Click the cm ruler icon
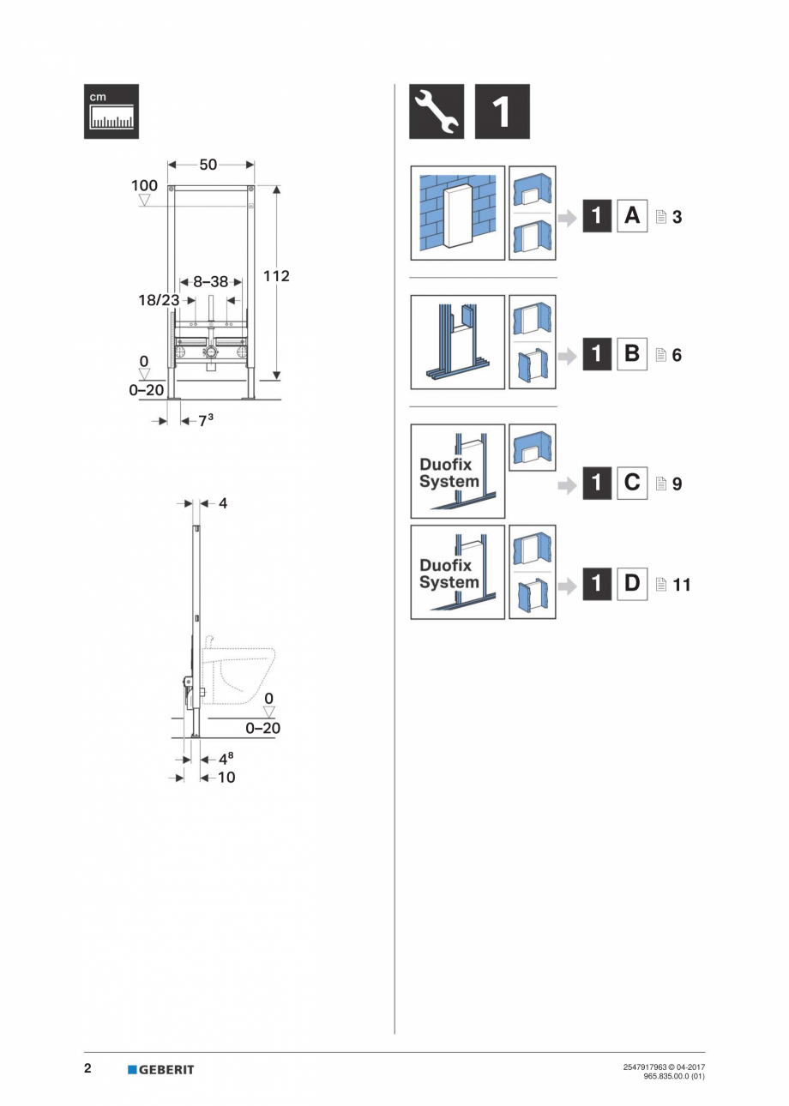point(111,111)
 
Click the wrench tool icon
point(437,111)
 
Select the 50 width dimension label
point(208,165)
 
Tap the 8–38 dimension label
point(210,281)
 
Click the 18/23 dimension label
point(160,300)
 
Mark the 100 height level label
point(144,186)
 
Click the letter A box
point(632,216)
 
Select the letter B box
point(632,353)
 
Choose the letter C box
point(632,483)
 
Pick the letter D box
point(632,585)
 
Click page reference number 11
point(682,586)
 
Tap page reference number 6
point(677,354)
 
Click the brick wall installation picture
point(457,213)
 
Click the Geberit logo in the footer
point(161,1069)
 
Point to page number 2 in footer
point(87,1069)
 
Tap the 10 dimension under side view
point(226,778)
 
